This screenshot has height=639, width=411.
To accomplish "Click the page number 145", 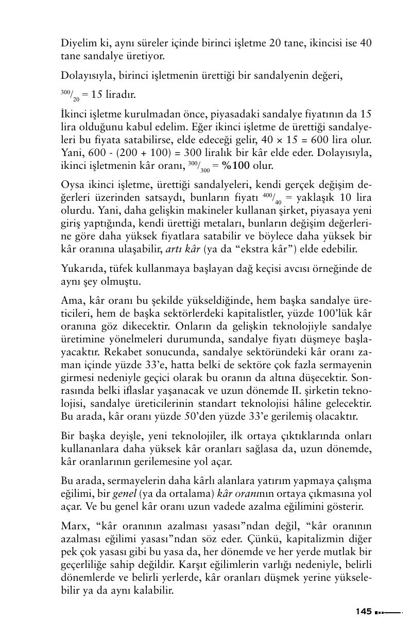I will click(x=363, y=611).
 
